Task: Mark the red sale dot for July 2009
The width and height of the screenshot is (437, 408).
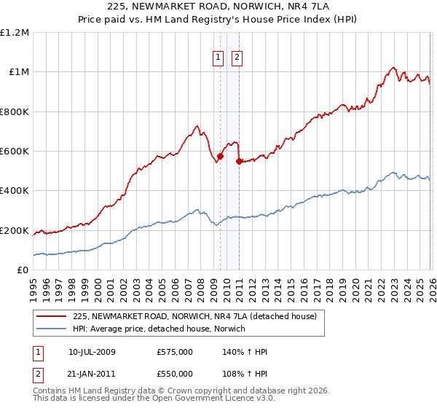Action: tap(220, 156)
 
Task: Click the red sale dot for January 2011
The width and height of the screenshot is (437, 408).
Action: tap(239, 161)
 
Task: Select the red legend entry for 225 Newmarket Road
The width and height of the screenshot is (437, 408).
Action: tap(194, 317)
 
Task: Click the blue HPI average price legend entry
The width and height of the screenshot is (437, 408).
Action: tap(159, 329)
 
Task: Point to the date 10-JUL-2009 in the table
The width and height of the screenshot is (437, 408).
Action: tap(92, 352)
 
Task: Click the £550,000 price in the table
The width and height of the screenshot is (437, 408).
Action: tap(175, 374)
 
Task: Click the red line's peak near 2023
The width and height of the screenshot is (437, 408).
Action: tap(393, 68)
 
